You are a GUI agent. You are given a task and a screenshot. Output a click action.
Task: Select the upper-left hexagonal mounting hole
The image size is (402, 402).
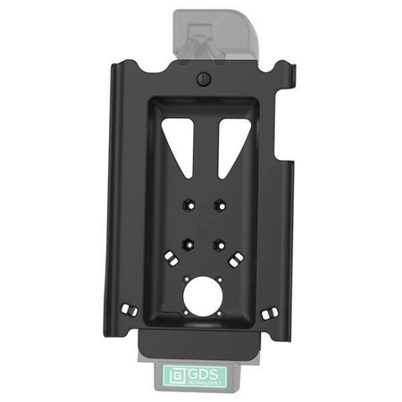pyautogui.click(x=186, y=205)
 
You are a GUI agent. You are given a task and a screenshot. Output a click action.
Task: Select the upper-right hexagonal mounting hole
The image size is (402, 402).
pyautogui.click(x=219, y=205)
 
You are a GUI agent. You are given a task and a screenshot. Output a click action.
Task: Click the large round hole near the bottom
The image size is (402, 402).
pyautogui.click(x=203, y=295)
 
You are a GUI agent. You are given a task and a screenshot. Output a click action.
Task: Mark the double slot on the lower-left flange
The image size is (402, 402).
pyautogui.click(x=128, y=309)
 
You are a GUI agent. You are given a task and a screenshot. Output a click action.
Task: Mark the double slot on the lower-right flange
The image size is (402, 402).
pyautogui.click(x=273, y=311)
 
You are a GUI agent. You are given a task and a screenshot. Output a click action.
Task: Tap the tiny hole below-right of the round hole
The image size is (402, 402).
pyautogui.click(x=220, y=314)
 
